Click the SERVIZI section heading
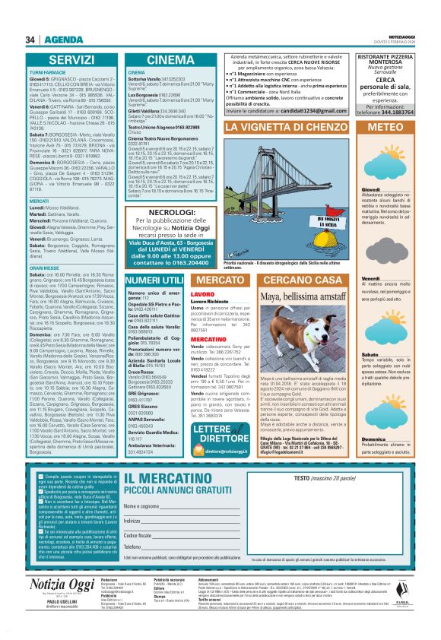pos(71,59)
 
